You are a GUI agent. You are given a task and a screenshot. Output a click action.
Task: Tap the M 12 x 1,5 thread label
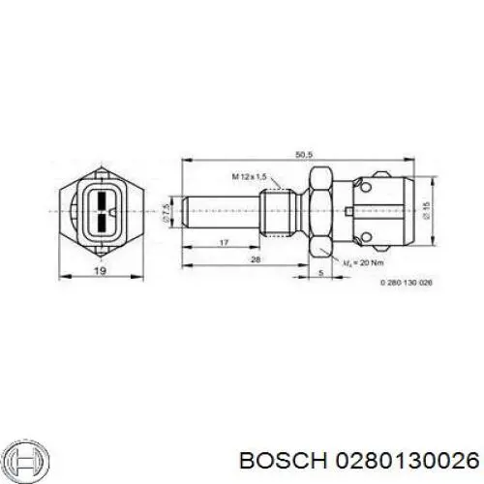pyautogui.click(x=249, y=176)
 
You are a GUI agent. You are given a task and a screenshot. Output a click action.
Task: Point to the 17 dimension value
pyautogui.click(x=224, y=243)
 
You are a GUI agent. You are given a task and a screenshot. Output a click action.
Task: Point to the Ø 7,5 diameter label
pyautogui.click(x=166, y=210)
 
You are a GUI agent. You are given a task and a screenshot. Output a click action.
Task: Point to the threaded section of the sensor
pyautogui.click(x=279, y=209)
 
